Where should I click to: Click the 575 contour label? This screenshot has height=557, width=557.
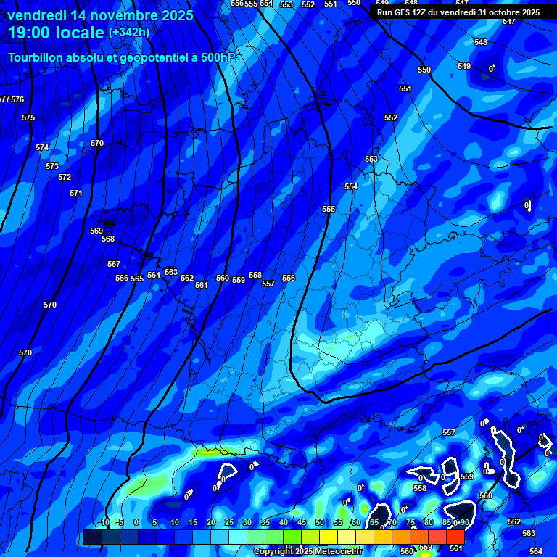(x=28, y=117)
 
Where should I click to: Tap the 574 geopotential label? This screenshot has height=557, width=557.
(x=42, y=147)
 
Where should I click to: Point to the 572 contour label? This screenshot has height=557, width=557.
(x=65, y=177)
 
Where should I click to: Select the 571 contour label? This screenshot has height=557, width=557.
(x=76, y=193)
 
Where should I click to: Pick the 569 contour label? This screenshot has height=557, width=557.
(x=96, y=231)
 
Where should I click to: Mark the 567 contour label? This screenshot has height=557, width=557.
(x=114, y=264)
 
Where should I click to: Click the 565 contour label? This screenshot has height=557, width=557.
(x=137, y=278)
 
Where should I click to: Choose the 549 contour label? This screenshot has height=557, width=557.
(x=464, y=66)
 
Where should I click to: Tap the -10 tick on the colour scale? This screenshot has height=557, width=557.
(x=103, y=522)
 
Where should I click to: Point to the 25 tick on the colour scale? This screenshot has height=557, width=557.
(x=228, y=522)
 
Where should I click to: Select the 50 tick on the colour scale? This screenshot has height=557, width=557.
(x=320, y=522)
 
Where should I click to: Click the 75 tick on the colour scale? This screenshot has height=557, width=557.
(x=410, y=522)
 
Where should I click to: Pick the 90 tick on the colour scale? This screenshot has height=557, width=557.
(x=463, y=522)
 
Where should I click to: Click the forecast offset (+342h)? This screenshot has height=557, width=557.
(x=129, y=33)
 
